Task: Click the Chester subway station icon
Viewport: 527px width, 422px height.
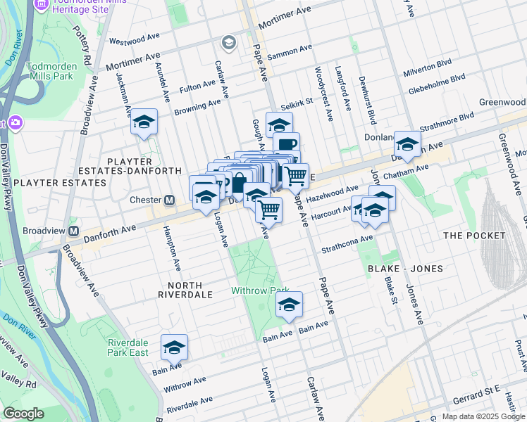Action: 169,200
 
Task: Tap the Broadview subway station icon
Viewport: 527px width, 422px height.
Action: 72,231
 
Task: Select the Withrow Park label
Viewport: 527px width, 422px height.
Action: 261,290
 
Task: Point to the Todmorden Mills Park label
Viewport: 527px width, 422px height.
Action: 50,71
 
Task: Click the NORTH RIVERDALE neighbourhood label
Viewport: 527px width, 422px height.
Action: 185,290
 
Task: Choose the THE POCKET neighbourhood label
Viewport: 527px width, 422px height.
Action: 473,235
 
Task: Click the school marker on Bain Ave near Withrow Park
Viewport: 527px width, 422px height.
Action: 288,304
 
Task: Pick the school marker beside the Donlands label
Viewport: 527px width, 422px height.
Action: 407,143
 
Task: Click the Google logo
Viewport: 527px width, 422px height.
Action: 24,414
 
